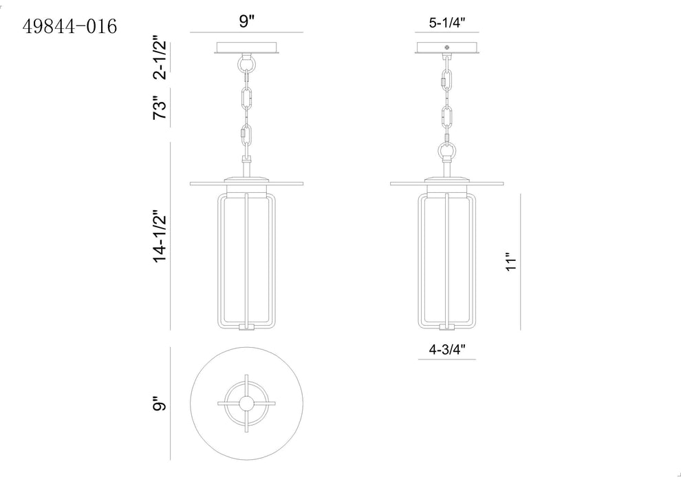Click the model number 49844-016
[x=69, y=27]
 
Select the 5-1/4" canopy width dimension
[x=447, y=23]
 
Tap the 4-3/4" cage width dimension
[x=447, y=349]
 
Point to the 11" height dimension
[x=510, y=262]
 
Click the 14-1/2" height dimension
[x=160, y=237]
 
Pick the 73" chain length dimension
[x=160, y=107]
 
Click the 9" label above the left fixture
[x=246, y=21]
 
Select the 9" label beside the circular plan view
[x=160, y=404]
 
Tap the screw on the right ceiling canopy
[x=447, y=48]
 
